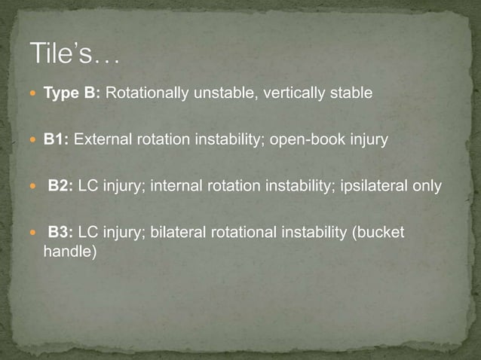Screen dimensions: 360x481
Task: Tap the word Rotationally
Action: point(144,93)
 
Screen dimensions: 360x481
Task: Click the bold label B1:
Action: point(57,139)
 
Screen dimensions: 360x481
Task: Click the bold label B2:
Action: point(60,186)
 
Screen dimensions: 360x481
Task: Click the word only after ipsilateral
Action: point(426,186)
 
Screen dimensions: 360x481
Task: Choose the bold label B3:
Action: point(60,233)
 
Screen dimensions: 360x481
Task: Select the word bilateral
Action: point(176,233)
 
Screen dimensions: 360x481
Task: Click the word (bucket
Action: point(378,233)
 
